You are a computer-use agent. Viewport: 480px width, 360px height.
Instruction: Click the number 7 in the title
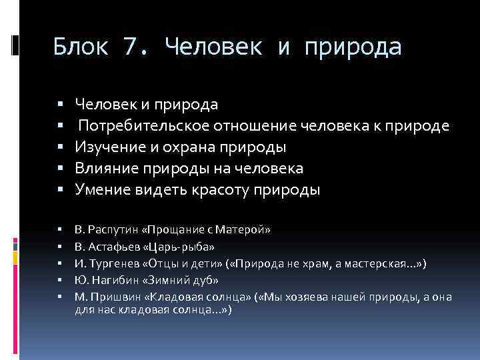coord(131,47)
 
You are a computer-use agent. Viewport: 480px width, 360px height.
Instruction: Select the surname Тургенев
coord(109,263)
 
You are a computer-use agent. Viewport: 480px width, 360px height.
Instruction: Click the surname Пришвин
coord(112,297)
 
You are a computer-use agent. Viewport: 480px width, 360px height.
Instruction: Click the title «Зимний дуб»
coord(175,280)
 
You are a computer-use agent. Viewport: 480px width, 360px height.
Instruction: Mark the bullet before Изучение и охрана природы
coord(59,147)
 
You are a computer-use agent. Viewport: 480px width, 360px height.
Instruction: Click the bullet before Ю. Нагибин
coord(59,281)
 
